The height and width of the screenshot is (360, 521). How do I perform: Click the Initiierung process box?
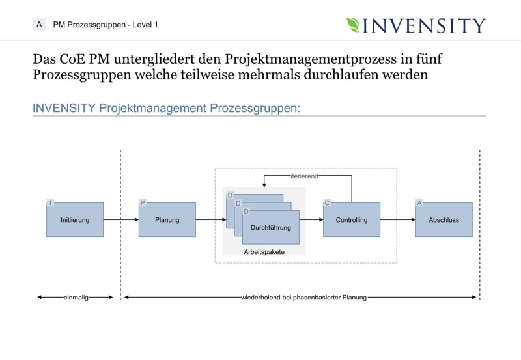(x=75, y=219)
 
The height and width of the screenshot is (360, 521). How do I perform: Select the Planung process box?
(x=167, y=219)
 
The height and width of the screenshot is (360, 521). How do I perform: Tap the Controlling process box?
(x=352, y=219)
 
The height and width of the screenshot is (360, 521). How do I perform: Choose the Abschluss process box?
(x=444, y=219)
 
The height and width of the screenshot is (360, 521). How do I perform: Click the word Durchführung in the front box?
(x=270, y=227)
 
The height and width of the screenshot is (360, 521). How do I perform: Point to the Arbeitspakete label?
(x=264, y=252)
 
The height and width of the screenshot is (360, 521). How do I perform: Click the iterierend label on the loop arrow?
(x=304, y=176)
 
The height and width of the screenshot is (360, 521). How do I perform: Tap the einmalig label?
(x=76, y=298)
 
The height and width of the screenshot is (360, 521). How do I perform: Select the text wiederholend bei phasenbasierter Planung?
(x=303, y=298)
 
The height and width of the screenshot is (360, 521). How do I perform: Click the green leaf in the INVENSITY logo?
(x=352, y=25)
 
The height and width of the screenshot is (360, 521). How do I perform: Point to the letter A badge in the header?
(x=39, y=25)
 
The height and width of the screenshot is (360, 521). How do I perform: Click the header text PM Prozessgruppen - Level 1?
(x=106, y=25)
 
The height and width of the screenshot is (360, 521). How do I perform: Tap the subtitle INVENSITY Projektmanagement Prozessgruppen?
(x=166, y=108)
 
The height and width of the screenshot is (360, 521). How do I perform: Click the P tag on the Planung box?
(x=143, y=202)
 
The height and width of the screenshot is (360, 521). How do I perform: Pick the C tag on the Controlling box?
(x=327, y=202)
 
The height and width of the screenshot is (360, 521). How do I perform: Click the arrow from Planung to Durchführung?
(x=211, y=219)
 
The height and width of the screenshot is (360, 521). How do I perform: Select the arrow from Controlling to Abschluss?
(x=398, y=219)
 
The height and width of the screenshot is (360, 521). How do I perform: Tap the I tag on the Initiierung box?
(x=50, y=202)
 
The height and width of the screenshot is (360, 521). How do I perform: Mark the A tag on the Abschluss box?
(x=419, y=202)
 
